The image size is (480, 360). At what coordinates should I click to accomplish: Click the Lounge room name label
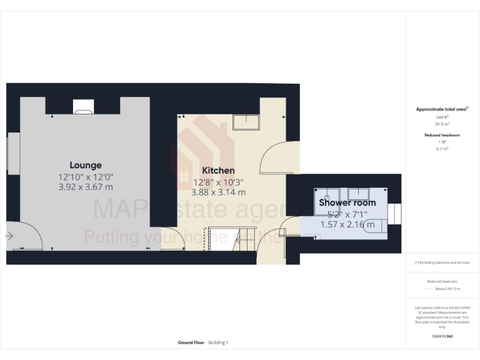pyautogui.click(x=86, y=166)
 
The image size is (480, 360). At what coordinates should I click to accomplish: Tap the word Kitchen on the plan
pyautogui.click(x=218, y=171)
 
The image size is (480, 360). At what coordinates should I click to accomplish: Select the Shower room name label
pyautogui.click(x=347, y=202)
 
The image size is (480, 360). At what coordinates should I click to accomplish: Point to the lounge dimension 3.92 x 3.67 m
pyautogui.click(x=86, y=187)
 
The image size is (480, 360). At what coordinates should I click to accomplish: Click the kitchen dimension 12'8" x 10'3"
pyautogui.click(x=218, y=182)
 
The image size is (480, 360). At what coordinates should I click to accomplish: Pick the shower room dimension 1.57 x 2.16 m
pyautogui.click(x=347, y=224)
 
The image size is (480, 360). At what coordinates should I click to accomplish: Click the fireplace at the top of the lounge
pyautogui.click(x=84, y=107)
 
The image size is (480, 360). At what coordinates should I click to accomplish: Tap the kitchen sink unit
pyautogui.click(x=246, y=122)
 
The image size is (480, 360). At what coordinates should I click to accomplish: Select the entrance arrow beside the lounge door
pyautogui.click(x=9, y=236)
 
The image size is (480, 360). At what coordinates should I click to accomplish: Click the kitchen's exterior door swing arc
pyautogui.click(x=275, y=156)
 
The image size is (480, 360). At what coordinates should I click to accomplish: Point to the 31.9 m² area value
pyautogui.click(x=442, y=124)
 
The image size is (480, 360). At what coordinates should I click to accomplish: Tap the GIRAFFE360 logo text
pyautogui.click(x=442, y=336)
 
